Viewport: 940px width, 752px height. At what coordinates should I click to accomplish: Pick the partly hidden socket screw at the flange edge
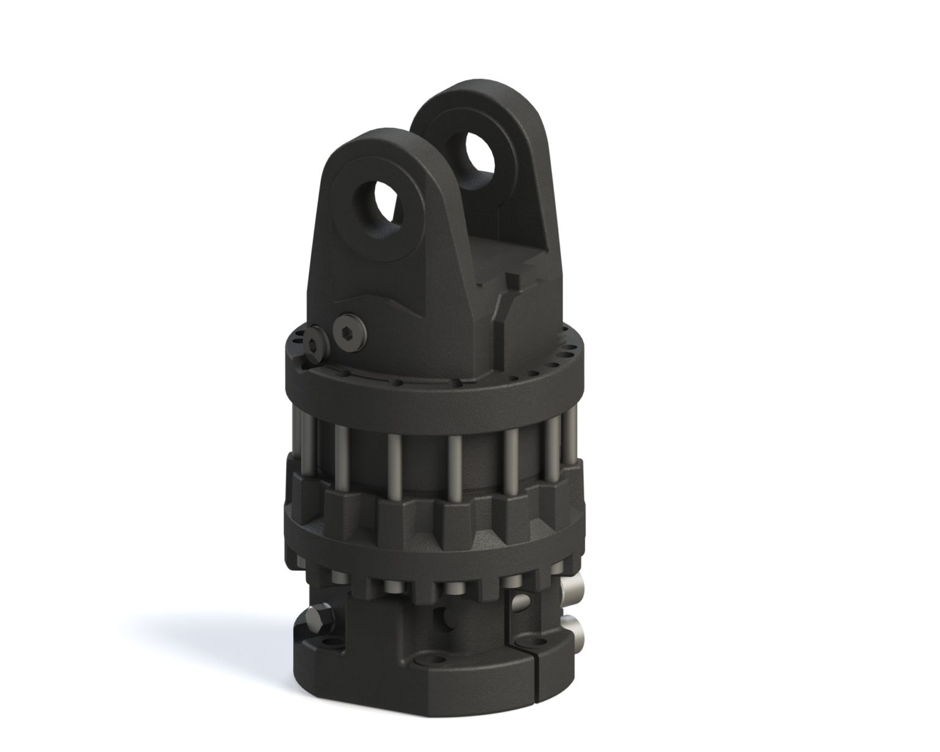(x=316, y=342)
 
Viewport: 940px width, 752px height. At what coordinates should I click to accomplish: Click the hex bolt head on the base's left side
(x=321, y=619)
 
